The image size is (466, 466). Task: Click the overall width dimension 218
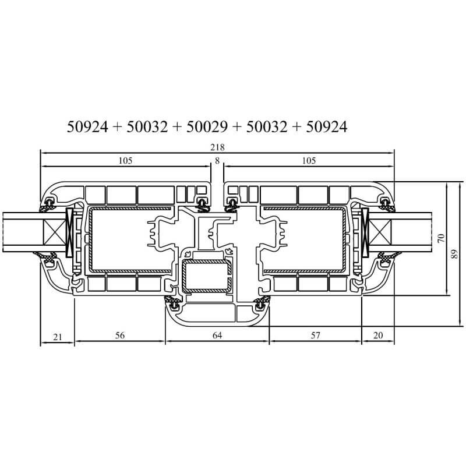click(217, 147)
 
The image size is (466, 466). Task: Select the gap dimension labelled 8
click(217, 161)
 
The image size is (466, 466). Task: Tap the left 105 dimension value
click(125, 161)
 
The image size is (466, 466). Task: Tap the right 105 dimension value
click(309, 161)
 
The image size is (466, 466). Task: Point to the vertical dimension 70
click(442, 238)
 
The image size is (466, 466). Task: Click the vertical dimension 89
click(455, 254)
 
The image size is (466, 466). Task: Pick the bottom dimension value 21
click(57, 337)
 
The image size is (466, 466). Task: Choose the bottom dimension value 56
click(120, 336)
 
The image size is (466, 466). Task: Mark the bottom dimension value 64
click(217, 336)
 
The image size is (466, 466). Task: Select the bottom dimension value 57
click(315, 336)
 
